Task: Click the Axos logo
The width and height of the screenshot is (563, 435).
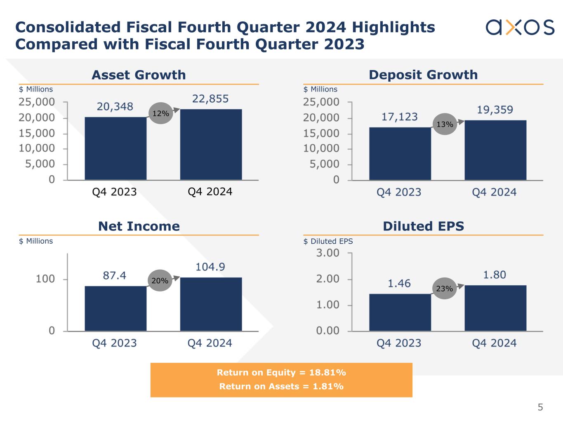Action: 520,27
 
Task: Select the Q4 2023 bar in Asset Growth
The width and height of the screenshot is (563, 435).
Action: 115,148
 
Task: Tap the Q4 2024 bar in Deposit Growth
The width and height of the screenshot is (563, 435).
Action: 495,150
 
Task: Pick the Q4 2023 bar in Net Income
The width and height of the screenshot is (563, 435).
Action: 115,308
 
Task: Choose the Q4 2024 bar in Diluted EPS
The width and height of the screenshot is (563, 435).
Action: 495,308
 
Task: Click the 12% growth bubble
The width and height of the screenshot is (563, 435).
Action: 160,113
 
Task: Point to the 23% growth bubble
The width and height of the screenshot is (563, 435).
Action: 445,289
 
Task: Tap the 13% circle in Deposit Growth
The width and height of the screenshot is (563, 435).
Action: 445,124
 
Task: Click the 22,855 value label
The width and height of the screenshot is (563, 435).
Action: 210,99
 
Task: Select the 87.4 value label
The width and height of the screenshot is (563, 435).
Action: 115,275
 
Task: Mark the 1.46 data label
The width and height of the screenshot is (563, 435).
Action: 399,283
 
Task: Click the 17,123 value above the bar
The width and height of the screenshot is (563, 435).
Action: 399,117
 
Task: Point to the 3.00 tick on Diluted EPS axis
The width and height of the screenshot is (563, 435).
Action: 328,253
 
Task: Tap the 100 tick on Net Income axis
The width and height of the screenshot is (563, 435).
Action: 45,279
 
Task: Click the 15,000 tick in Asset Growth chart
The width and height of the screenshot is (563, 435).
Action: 37,133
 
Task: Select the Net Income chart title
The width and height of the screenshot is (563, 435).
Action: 139,226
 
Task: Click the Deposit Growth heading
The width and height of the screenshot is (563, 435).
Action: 423,75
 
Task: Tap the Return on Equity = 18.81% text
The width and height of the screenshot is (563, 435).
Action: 281,373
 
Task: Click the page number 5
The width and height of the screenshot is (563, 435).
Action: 540,408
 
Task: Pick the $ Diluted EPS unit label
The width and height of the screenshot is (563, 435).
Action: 328,241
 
